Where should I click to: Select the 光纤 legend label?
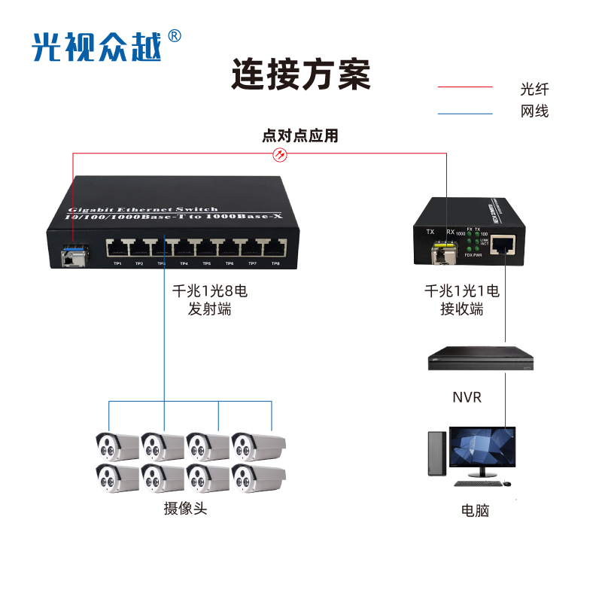click(x=534, y=88)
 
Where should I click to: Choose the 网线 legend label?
click(x=534, y=112)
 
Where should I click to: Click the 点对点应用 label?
click(x=300, y=136)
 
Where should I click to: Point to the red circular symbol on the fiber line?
click(x=278, y=154)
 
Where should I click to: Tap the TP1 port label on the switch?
click(x=117, y=264)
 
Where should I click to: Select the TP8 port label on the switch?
click(x=275, y=264)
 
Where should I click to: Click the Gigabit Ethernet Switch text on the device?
click(x=143, y=209)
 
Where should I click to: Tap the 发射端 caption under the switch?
click(x=210, y=309)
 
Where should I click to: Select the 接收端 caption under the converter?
click(x=462, y=309)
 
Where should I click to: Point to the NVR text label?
click(x=467, y=397)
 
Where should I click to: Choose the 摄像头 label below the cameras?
click(x=185, y=509)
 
